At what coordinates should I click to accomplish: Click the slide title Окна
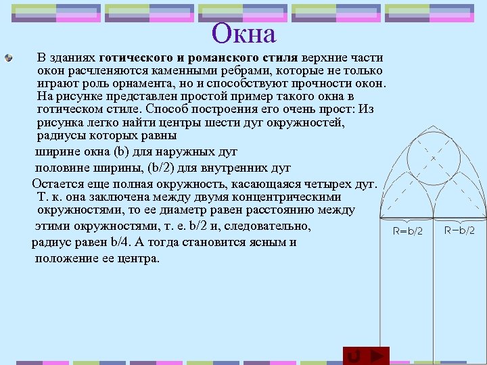[243, 33]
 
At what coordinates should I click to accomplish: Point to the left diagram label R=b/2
[408, 230]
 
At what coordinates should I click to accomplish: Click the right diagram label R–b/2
[459, 230]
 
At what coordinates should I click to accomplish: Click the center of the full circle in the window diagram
[434, 159]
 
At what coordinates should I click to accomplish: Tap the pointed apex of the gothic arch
[434, 126]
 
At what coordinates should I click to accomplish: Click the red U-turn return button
[353, 356]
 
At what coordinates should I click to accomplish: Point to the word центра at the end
[139, 258]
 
